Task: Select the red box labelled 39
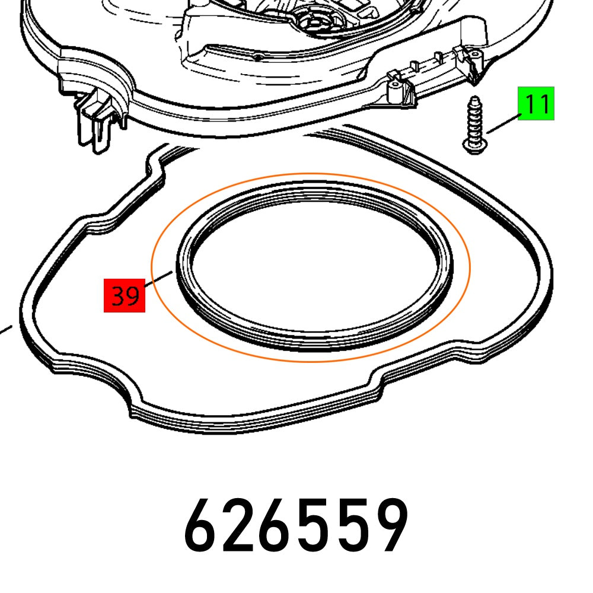tap(125, 295)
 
